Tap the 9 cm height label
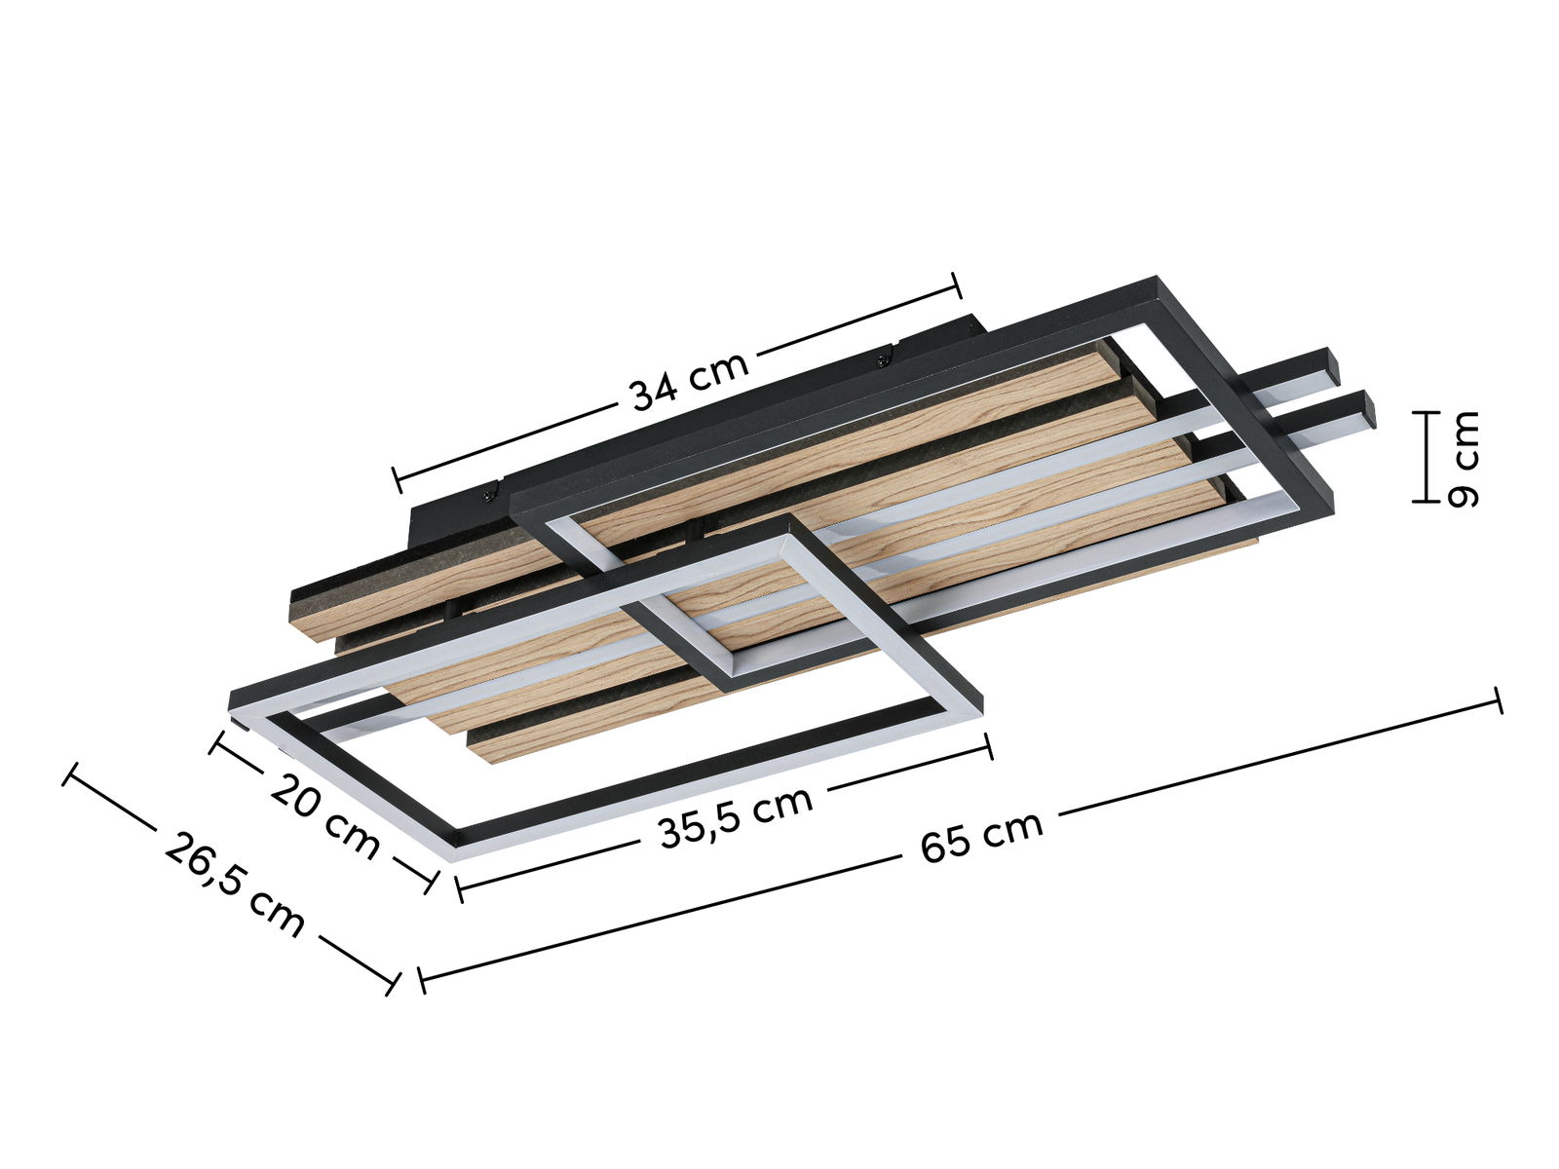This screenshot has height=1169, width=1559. pos(1463,459)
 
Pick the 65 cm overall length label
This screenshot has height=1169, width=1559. pos(981,837)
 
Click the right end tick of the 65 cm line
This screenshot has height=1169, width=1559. pos(1498,699)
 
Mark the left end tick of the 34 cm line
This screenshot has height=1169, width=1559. pos(397,478)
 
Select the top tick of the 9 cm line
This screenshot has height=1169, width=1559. pos(1426,413)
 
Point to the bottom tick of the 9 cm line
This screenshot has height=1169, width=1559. pos(1426,501)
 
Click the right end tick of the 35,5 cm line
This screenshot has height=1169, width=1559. pos(989,746)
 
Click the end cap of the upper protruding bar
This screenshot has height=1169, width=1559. pos(1333,366)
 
